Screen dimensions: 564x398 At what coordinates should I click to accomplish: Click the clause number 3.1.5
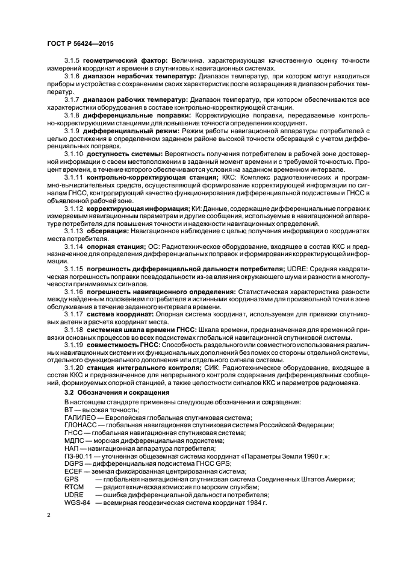(x=72, y=61)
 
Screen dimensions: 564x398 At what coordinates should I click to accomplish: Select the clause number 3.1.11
(x=74, y=178)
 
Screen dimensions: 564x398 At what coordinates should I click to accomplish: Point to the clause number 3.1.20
(x=74, y=367)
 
